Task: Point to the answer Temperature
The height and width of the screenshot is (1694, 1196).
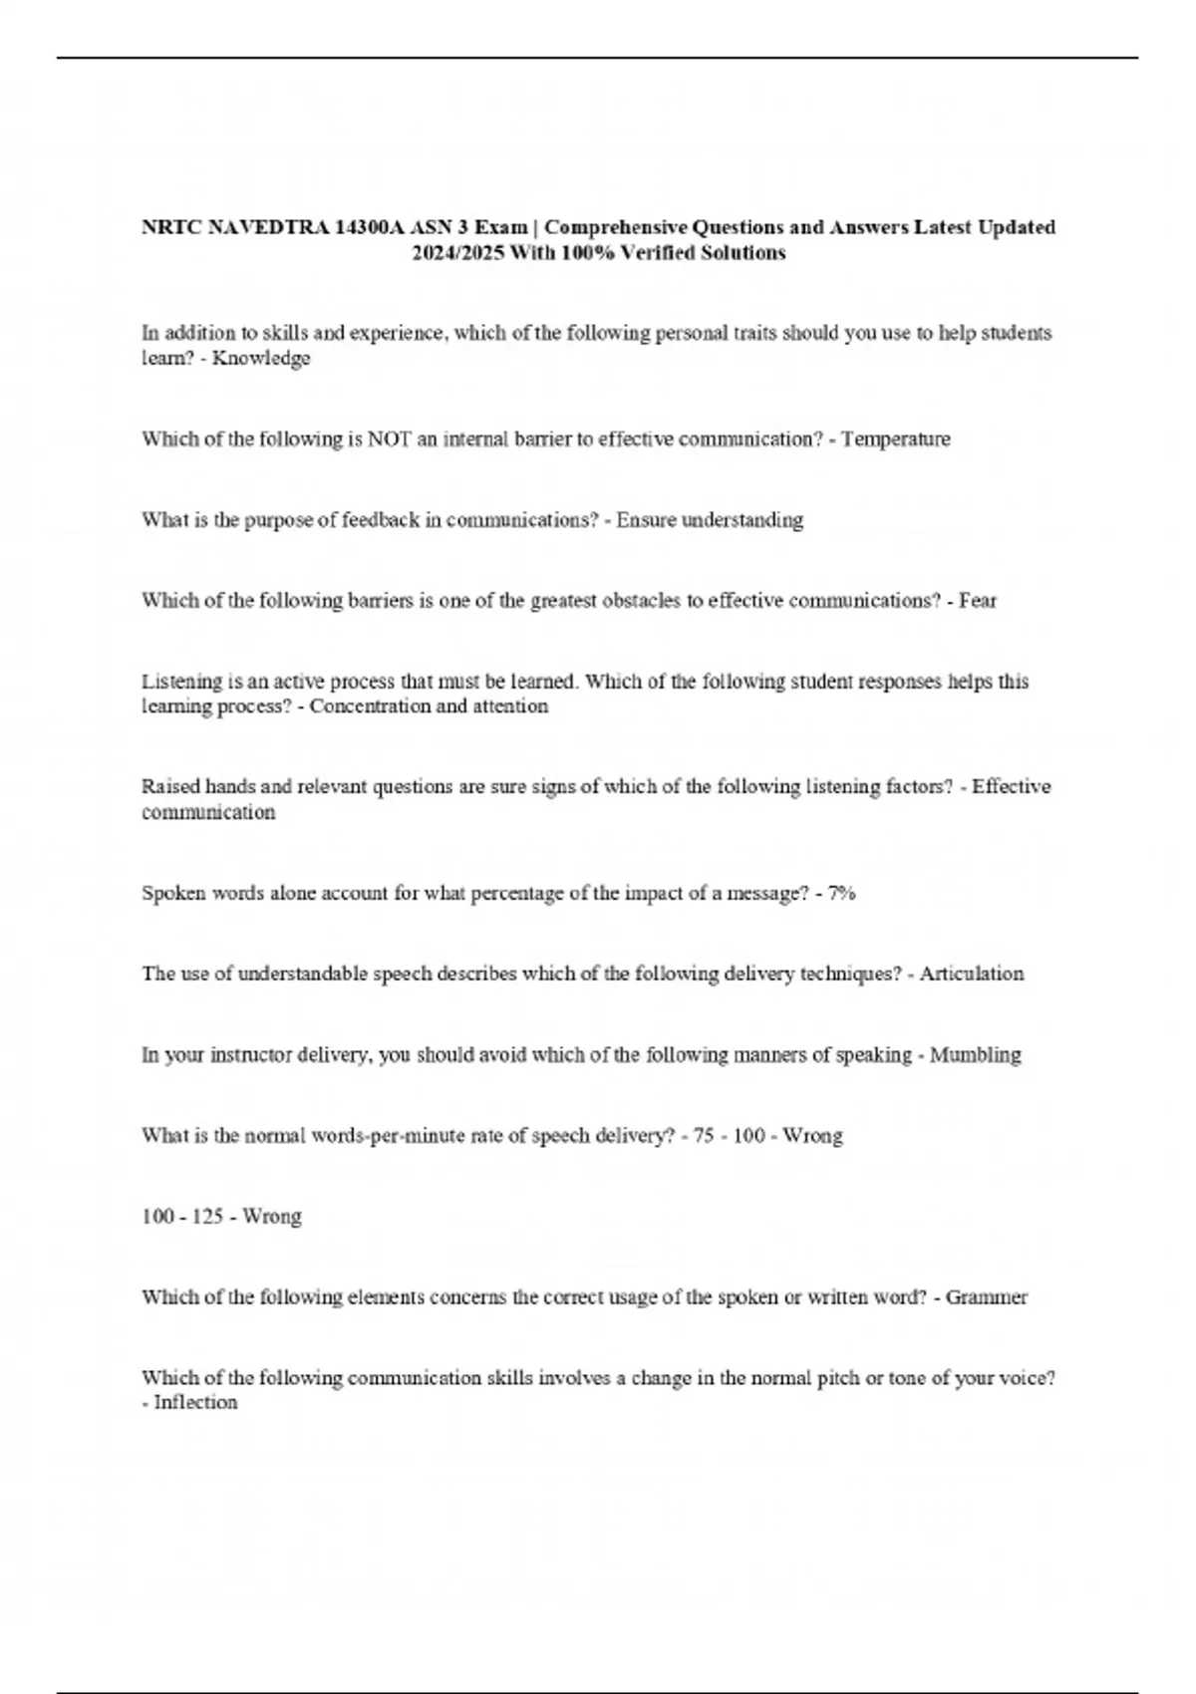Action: coord(896,439)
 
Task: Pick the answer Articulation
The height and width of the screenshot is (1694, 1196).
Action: coord(972,974)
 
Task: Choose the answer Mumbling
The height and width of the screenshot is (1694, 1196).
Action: coord(976,1054)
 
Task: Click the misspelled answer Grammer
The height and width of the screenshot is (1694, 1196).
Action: coord(987,1297)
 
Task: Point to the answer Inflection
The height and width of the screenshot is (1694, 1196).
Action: coord(195,1403)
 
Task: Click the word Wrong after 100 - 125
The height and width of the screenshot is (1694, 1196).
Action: coord(272,1217)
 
